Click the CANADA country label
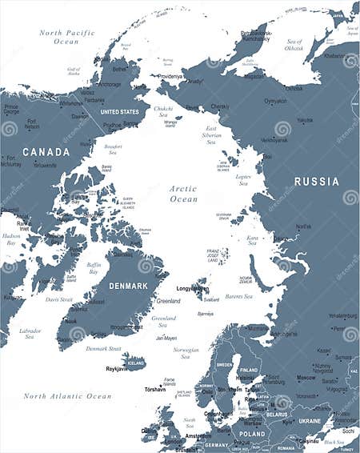[x=46, y=151]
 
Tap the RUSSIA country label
[x=317, y=182]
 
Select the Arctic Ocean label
[x=183, y=194]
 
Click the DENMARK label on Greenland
[x=128, y=286]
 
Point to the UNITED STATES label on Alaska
[x=118, y=112]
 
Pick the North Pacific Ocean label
[x=67, y=37]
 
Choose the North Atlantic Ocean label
[x=67, y=396]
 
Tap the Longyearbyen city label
[x=192, y=288]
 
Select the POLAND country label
[x=252, y=433]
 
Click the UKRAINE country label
[x=310, y=420]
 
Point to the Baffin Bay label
[x=94, y=268]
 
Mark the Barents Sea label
[x=238, y=297]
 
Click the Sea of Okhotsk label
[x=294, y=45]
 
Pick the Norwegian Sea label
[x=186, y=353]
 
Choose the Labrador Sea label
[x=30, y=333]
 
